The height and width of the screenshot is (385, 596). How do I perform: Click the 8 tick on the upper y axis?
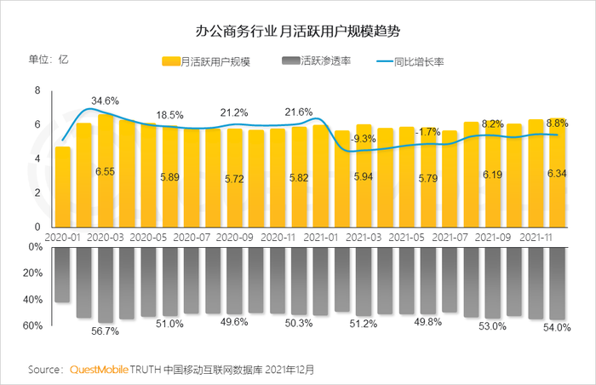(x=37, y=90)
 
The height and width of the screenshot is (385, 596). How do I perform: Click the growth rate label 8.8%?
(x=556, y=123)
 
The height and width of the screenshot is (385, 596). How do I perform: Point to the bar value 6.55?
(x=106, y=171)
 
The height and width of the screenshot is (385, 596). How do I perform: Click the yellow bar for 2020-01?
(x=62, y=187)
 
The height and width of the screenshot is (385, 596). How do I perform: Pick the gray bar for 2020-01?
(x=62, y=273)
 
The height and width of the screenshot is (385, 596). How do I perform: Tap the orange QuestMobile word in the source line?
(x=99, y=371)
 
